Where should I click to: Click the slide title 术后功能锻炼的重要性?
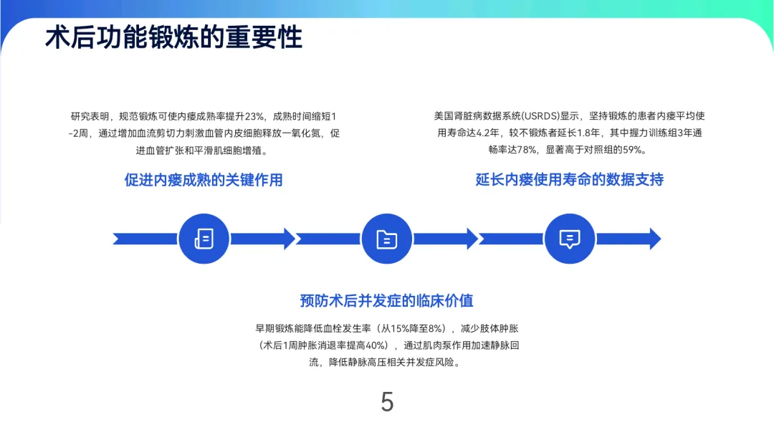coord(173,37)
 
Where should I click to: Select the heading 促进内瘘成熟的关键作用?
coord(204,179)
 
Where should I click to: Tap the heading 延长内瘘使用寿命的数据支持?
coord(569,179)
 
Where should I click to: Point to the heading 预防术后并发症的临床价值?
coord(386,300)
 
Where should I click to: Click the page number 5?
coord(387,402)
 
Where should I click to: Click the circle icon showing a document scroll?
coord(204,239)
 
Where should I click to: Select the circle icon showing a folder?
coord(387,239)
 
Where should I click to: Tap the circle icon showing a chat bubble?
coord(570,239)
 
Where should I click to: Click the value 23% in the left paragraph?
coord(255,116)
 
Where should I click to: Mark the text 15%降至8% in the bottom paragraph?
coord(414,328)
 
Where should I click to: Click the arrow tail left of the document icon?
coord(143,239)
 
